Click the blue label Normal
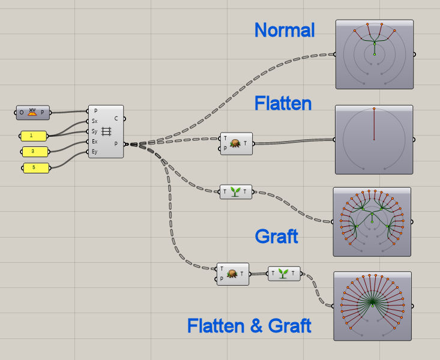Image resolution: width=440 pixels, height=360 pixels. tap(285, 30)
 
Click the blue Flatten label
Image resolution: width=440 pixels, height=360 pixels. tap(283, 103)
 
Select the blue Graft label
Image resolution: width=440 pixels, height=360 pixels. tap(276, 236)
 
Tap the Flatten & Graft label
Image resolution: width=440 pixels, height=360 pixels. tap(249, 326)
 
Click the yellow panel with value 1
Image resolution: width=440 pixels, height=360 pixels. tap(34, 136)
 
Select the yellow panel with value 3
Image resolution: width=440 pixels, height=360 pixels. tap(34, 151)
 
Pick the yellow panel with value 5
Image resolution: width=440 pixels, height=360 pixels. tap(34, 168)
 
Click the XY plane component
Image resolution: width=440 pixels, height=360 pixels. tap(34, 112)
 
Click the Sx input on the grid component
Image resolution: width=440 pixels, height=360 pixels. tap(95, 121)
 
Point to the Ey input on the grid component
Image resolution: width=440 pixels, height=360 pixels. tap(95, 152)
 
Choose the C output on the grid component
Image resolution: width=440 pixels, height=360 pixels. tap(116, 118)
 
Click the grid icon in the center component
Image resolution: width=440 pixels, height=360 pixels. tap(106, 131)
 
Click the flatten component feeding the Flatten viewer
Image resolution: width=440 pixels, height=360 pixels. tap(236, 143)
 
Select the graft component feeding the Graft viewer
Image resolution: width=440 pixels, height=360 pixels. tap(236, 192)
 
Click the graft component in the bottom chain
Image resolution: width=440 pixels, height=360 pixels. tap(284, 274)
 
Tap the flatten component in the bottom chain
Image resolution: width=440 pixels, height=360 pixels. tap(233, 274)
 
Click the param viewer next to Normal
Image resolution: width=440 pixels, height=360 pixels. tap(375, 54)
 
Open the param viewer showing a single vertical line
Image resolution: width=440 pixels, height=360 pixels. tap(373, 139)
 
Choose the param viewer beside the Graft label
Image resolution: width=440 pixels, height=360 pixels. tap(372, 221)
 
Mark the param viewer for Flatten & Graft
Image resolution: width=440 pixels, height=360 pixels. tap(373, 305)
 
